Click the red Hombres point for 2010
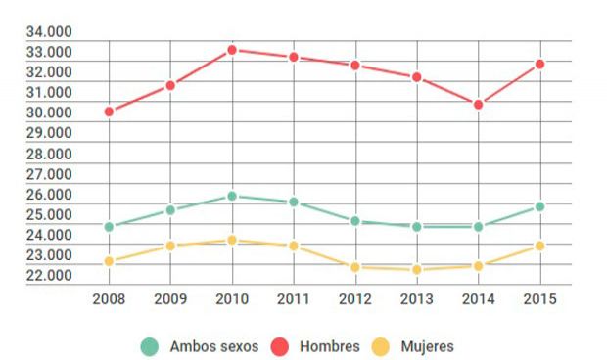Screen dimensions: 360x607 click(232, 50)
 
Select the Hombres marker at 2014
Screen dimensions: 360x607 click(478, 105)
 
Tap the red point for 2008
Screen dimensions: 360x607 click(109, 112)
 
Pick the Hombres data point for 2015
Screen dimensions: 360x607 click(539, 65)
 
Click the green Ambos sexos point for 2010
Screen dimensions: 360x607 click(232, 197)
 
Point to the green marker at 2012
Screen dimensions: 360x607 click(355, 221)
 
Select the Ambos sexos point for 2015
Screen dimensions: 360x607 click(539, 206)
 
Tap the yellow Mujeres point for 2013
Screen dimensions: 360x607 click(416, 270)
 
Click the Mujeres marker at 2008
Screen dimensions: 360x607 click(109, 261)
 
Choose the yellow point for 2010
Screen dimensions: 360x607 click(232, 240)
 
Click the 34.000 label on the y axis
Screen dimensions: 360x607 click(49, 31)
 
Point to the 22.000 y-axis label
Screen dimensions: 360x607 click(49, 276)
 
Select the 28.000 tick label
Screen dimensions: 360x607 click(49, 154)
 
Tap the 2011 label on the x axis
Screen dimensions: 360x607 click(293, 298)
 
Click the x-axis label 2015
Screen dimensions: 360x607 click(539, 298)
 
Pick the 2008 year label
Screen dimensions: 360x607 click(109, 298)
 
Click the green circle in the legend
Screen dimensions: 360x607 click(150, 346)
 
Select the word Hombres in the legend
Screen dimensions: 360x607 click(330, 346)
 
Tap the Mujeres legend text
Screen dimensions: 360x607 click(427, 346)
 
